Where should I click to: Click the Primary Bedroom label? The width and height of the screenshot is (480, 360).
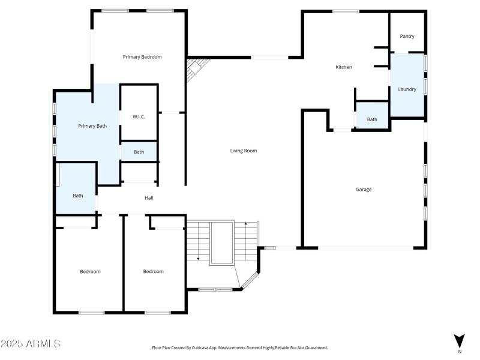click(142, 57)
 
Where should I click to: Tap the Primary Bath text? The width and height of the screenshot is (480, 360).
click(92, 126)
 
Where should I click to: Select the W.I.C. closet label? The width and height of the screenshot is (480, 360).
click(139, 117)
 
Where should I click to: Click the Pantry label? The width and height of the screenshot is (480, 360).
click(407, 37)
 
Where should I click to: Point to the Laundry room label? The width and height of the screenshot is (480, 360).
click(407, 89)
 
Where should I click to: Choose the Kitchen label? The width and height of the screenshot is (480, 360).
click(343, 67)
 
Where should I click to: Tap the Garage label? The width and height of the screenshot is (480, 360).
click(364, 190)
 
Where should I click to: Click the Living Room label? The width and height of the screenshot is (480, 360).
click(244, 151)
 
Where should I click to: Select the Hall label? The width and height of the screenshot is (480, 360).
click(149, 198)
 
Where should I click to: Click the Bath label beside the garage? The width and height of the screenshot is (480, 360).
click(372, 119)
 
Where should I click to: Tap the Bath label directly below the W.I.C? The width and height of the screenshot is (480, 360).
click(139, 152)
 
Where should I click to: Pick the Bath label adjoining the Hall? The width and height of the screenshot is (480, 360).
click(78, 196)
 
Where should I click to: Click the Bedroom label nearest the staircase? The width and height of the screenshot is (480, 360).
click(153, 272)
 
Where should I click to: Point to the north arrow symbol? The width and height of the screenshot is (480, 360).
click(459, 340)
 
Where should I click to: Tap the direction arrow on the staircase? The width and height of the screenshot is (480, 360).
click(197, 259)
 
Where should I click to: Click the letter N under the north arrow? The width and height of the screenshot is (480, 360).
click(459, 352)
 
